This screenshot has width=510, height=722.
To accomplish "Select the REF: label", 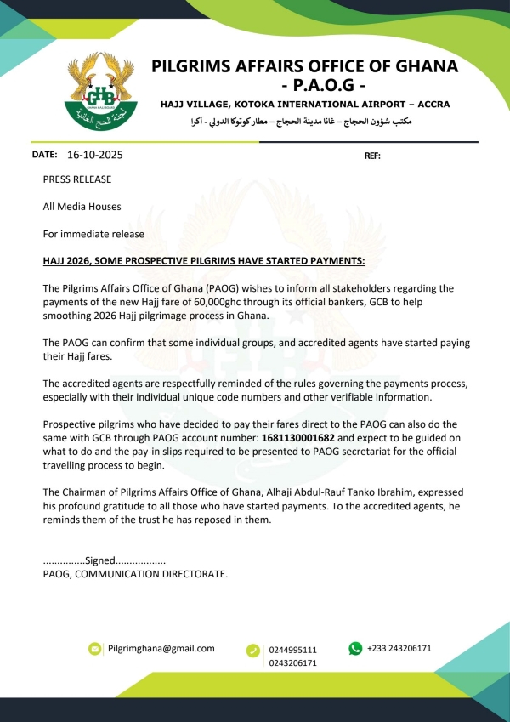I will click(x=372, y=156).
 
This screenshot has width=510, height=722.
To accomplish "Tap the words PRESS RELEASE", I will click(x=77, y=179).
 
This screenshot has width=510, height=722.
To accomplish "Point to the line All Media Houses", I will click(x=82, y=207).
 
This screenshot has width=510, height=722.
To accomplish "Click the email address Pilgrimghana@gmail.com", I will click(x=161, y=648).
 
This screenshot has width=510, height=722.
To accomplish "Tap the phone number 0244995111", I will click(x=293, y=650).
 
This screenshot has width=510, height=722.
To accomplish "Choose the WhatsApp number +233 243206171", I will click(x=399, y=648).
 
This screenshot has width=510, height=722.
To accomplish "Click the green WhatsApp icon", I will click(x=355, y=648).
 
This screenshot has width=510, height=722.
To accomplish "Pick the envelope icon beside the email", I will click(x=94, y=649).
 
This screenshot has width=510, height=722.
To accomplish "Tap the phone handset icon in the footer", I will click(x=252, y=651).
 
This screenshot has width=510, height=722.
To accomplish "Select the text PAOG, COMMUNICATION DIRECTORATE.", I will click(x=135, y=575).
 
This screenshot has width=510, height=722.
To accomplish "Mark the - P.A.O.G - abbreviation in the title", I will click(x=304, y=86).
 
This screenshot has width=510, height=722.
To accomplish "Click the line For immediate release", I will click(x=93, y=234).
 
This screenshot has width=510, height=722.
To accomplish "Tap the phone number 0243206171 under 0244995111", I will click(x=293, y=663).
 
